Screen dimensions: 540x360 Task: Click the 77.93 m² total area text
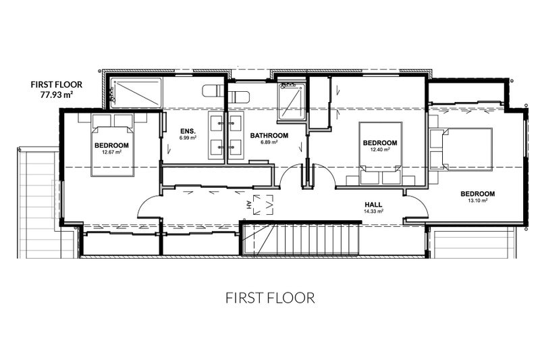(57, 95)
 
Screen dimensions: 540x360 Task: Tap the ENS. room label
(188, 131)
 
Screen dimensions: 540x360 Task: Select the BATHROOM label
(269, 135)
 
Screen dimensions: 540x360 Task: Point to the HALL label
(373, 205)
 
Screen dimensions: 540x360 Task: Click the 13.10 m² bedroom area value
(477, 200)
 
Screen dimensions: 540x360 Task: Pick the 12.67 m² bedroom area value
(111, 151)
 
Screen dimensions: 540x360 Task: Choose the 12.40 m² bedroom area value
(380, 149)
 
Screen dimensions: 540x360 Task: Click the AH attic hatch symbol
(263, 205)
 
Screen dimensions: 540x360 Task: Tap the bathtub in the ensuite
(136, 93)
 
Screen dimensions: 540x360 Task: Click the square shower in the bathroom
(292, 101)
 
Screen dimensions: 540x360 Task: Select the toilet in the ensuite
(214, 91)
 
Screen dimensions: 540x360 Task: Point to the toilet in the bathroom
(238, 97)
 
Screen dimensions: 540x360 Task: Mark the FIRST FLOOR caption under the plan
(270, 298)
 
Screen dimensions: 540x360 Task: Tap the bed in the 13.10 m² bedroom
(467, 149)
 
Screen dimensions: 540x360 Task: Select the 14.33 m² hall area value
(374, 211)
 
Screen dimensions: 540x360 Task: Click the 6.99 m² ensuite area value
(188, 138)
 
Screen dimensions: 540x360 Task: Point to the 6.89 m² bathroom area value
(269, 142)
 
